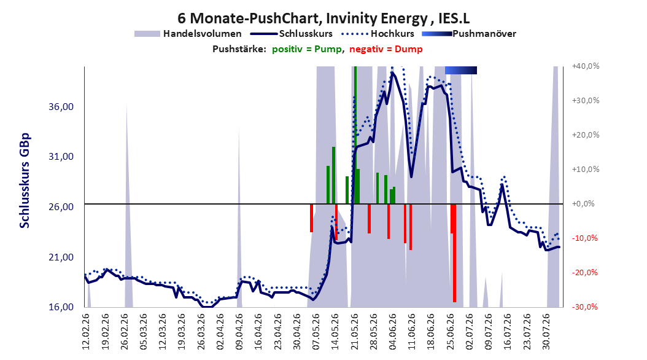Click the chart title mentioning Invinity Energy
323,18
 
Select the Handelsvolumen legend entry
188,34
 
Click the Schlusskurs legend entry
292,34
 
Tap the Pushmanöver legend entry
469,34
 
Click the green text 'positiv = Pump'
306,49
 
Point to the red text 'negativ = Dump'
386,49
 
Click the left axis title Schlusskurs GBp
25,181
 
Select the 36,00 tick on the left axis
61,106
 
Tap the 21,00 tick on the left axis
61,257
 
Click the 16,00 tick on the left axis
61,307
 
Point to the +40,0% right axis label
586,66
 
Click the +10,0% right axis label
586,170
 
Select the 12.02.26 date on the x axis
86,332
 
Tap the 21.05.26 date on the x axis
354,332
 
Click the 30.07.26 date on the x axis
546,332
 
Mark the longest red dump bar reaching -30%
454,253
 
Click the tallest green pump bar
355,135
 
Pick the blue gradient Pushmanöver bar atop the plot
461,70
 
